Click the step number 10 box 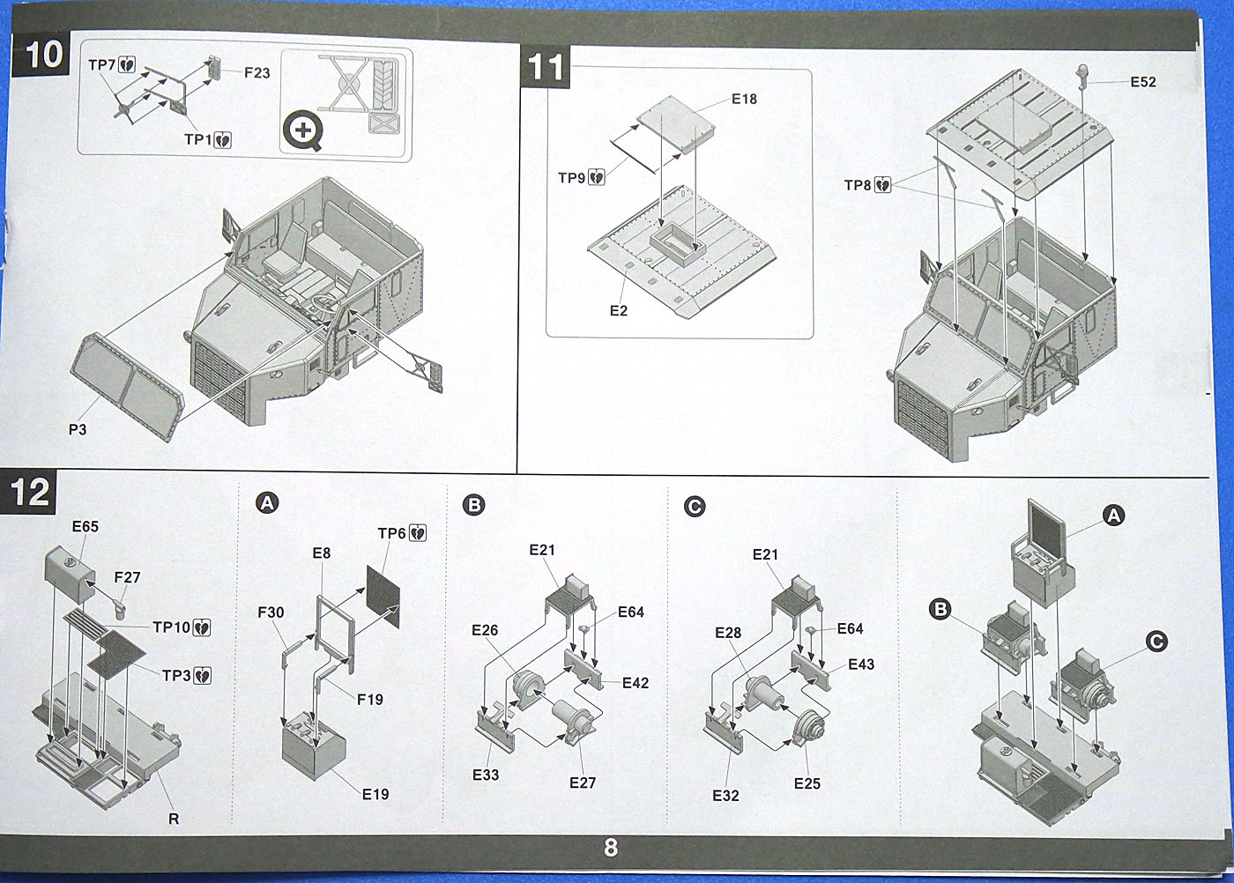click(43, 55)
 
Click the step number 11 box click(546, 67)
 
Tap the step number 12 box click(31, 492)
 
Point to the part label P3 click(78, 430)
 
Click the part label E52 click(1143, 82)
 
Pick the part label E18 click(744, 99)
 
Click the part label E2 click(619, 311)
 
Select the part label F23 click(257, 72)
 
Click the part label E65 click(85, 527)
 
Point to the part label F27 click(127, 577)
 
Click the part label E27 click(583, 783)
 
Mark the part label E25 click(807, 783)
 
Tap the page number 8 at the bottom click(611, 848)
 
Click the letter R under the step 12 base click(174, 819)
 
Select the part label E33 click(486, 775)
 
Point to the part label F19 click(370, 700)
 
